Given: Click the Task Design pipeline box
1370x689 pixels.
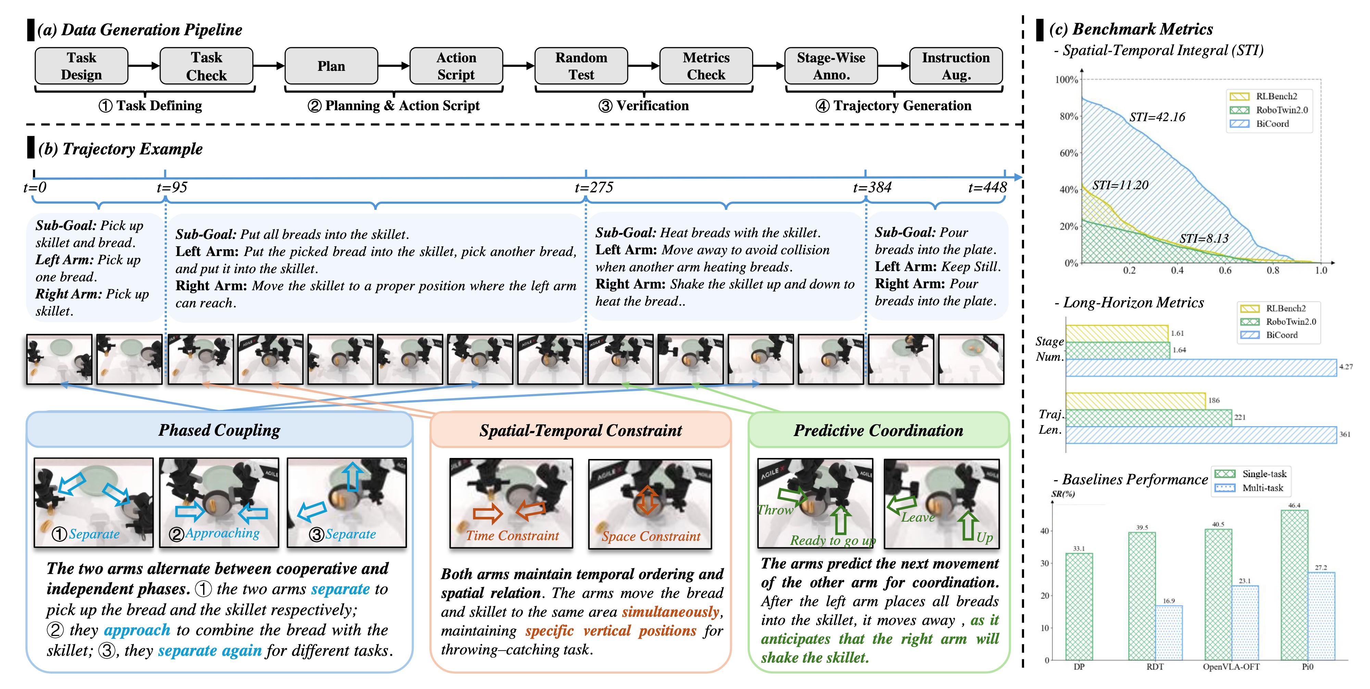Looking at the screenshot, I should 82,66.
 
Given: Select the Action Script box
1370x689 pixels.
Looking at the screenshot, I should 456,66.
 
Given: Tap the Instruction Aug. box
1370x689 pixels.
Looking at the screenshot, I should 956,66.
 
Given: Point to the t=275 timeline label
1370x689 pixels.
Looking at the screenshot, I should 594,188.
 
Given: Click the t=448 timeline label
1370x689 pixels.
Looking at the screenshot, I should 987,188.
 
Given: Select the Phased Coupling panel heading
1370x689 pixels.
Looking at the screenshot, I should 219,430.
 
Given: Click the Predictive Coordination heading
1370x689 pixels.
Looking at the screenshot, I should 878,431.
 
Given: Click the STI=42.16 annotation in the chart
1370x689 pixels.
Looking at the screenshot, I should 1157,117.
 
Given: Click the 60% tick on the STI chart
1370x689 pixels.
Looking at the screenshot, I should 1069,153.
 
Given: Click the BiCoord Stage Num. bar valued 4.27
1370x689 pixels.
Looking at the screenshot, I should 1200,367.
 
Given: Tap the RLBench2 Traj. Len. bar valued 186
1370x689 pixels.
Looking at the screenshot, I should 1135,401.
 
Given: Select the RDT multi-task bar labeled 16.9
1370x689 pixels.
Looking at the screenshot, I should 1168,633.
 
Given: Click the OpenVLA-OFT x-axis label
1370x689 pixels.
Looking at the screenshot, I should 1231,667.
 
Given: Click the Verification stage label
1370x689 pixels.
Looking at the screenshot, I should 644,106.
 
